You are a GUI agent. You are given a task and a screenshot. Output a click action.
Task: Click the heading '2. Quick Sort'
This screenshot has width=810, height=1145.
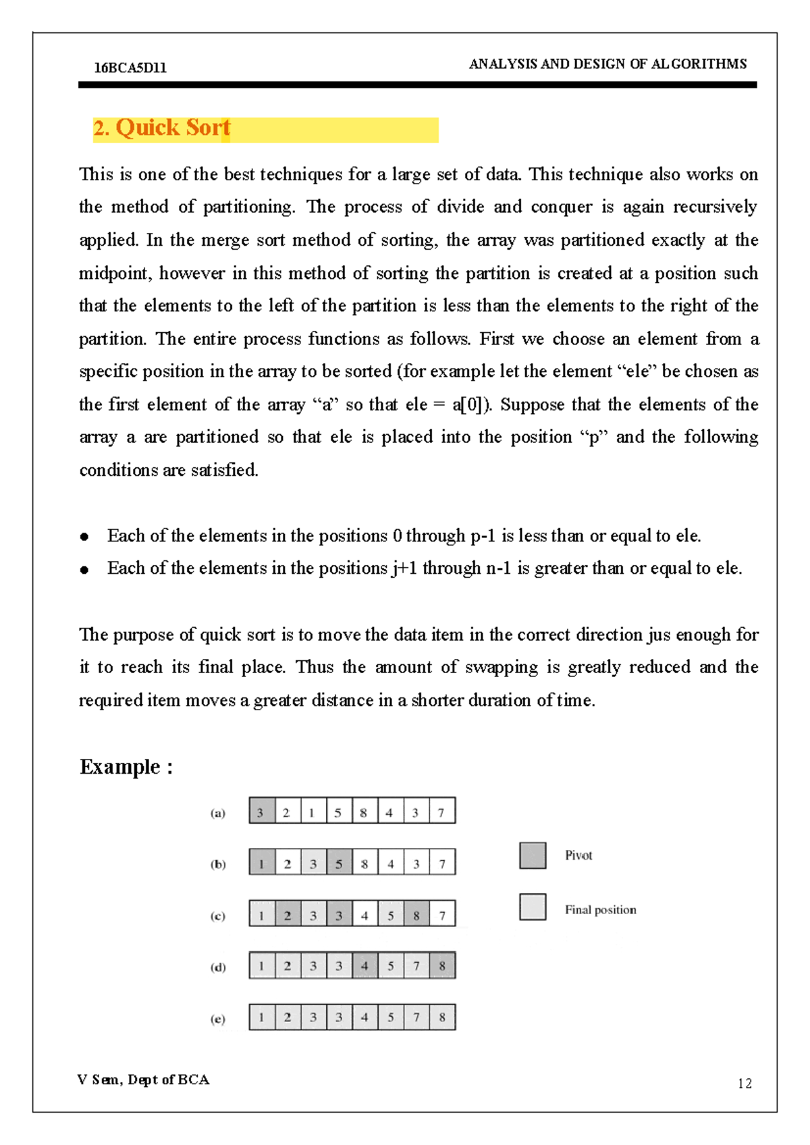(x=162, y=128)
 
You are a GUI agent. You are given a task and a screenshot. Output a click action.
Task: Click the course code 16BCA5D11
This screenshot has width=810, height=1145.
(x=130, y=68)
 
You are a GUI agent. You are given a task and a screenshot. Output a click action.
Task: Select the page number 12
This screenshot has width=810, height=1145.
(x=745, y=1084)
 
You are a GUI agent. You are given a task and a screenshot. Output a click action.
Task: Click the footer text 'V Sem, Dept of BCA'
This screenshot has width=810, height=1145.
(x=143, y=1080)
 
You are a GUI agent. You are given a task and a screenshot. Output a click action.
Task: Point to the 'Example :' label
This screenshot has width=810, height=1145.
(x=126, y=767)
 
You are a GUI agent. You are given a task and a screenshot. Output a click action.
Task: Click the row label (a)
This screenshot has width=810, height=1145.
(x=217, y=813)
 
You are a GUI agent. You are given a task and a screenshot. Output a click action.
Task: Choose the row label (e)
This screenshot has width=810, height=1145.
(x=217, y=1019)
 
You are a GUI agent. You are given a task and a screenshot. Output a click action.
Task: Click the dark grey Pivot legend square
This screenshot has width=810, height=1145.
(x=533, y=855)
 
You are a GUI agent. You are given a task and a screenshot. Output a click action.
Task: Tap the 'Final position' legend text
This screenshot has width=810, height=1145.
(x=600, y=909)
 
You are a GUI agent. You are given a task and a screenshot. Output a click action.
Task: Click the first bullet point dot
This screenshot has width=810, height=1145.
(x=84, y=537)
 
